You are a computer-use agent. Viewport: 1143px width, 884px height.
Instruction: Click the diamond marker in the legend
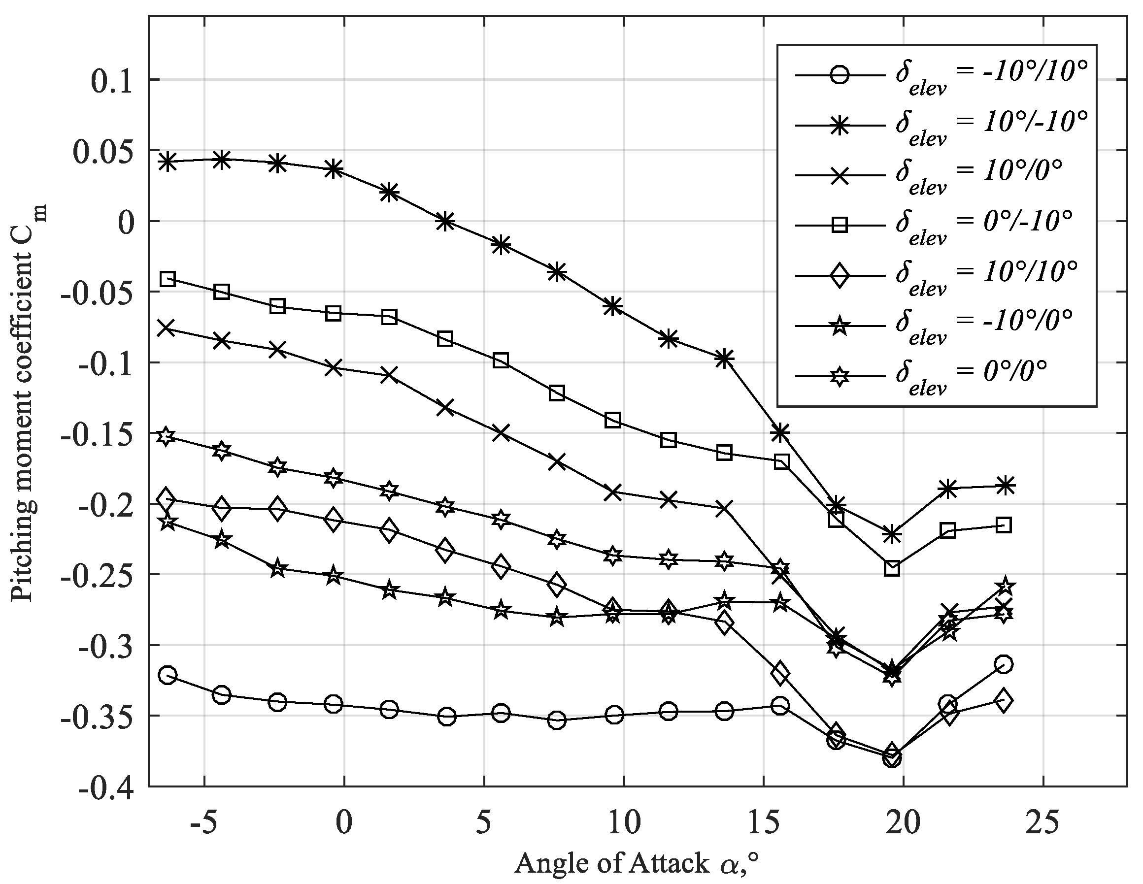pos(840,275)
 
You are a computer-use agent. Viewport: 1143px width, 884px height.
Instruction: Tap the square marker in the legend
pos(840,226)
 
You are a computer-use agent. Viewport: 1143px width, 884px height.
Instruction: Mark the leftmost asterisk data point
pos(167,162)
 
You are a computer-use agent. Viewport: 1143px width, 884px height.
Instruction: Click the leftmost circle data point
pos(167,675)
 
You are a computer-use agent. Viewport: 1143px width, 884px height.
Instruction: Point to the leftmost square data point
pos(167,279)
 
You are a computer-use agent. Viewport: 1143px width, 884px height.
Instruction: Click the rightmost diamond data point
pos(1003,701)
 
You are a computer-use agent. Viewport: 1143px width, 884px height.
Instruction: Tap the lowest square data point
pos(892,568)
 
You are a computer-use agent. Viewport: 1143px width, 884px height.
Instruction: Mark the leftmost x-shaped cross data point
pos(166,328)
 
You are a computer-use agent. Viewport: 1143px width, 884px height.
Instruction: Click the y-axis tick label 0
pos(126,222)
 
